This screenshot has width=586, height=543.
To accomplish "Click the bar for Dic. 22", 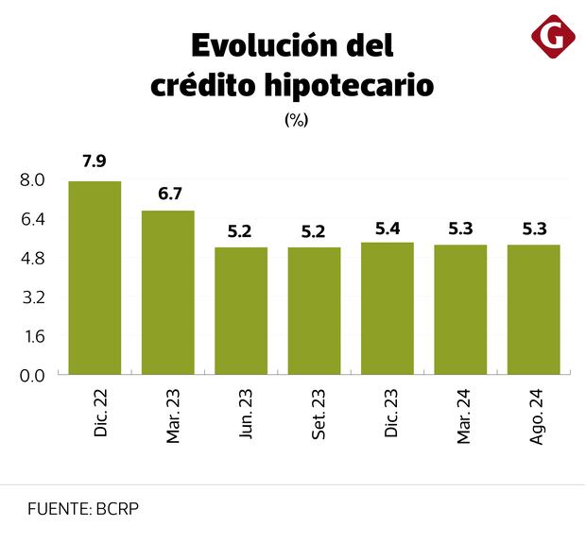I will (x=95, y=278).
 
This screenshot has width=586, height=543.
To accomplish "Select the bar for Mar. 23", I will (x=168, y=293).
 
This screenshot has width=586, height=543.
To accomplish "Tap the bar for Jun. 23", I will (x=241, y=311).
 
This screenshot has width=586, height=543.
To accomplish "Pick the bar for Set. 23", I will (x=314, y=311).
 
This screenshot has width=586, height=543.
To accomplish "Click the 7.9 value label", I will (x=95, y=161).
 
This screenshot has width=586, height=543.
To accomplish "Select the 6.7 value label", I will (x=169, y=193).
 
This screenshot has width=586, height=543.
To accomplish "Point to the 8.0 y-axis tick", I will (x=32, y=180).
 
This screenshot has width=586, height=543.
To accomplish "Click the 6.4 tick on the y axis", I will (x=32, y=219).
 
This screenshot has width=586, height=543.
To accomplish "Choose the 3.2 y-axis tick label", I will (x=32, y=297).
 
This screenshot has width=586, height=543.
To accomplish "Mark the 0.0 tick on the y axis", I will (x=32, y=375).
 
